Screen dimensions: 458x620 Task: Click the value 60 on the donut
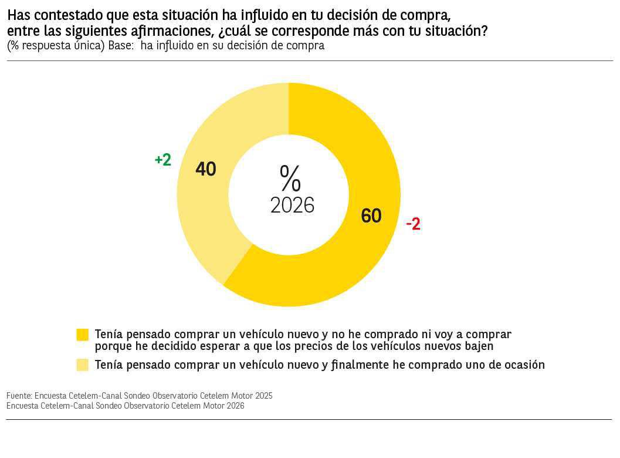[x=371, y=216]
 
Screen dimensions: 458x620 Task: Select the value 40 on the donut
[x=206, y=169]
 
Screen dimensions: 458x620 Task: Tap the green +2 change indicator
[x=163, y=160]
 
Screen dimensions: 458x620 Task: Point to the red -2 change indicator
[x=413, y=224]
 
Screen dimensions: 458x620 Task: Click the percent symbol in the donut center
[x=290, y=179]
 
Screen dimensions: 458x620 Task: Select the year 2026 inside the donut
[x=292, y=206]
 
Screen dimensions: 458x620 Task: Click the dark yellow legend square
[x=83, y=335]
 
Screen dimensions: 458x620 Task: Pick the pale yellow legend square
[x=83, y=365]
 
